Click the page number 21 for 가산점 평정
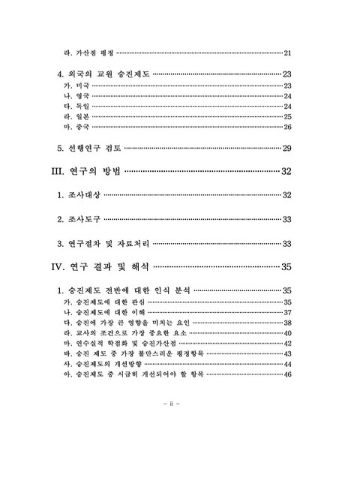pyautogui.click(x=287, y=53)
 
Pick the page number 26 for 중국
pyautogui.click(x=287, y=127)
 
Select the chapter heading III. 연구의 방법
pyautogui.click(x=85, y=172)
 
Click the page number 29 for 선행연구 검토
pyautogui.click(x=286, y=149)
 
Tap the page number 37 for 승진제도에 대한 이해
pyautogui.click(x=287, y=312)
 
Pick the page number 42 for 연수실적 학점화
pyautogui.click(x=287, y=343)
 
